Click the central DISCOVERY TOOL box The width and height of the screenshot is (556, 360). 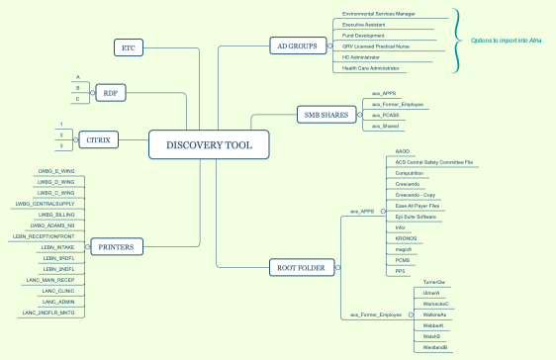209,145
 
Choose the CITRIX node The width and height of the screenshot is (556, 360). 99,140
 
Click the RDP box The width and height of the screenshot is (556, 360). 109,93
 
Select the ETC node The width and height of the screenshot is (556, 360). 128,47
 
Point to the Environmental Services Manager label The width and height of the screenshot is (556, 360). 378,15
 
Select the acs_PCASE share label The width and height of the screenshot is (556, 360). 385,115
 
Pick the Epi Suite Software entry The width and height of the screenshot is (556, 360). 416,217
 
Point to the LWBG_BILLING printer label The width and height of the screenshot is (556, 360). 58,214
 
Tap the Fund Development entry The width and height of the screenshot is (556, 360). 365,37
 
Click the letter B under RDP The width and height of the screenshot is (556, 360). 77,87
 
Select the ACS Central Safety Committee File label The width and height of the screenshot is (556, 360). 433,161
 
